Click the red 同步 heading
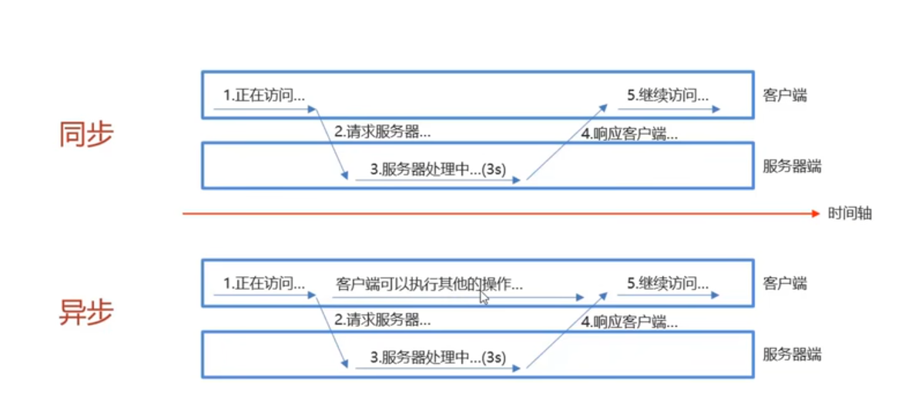click(x=86, y=134)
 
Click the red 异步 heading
click(x=86, y=312)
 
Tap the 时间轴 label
click(x=850, y=214)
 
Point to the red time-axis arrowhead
click(x=816, y=214)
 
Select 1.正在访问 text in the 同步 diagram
click(x=264, y=96)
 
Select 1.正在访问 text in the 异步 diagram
click(x=264, y=283)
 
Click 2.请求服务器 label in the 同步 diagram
click(x=382, y=131)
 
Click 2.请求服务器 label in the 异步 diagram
click(x=382, y=318)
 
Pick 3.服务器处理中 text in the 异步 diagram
click(x=438, y=358)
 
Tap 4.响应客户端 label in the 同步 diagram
click(x=629, y=133)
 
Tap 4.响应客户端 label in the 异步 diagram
click(x=629, y=322)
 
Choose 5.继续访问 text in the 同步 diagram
click(x=668, y=96)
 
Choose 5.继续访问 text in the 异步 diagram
click(x=668, y=283)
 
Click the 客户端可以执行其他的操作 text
click(x=429, y=284)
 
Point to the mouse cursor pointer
click(x=484, y=297)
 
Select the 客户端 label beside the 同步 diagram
click(x=785, y=96)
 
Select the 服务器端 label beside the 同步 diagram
click(x=792, y=166)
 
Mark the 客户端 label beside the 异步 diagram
click(x=785, y=283)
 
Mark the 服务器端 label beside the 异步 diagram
click(x=792, y=354)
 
